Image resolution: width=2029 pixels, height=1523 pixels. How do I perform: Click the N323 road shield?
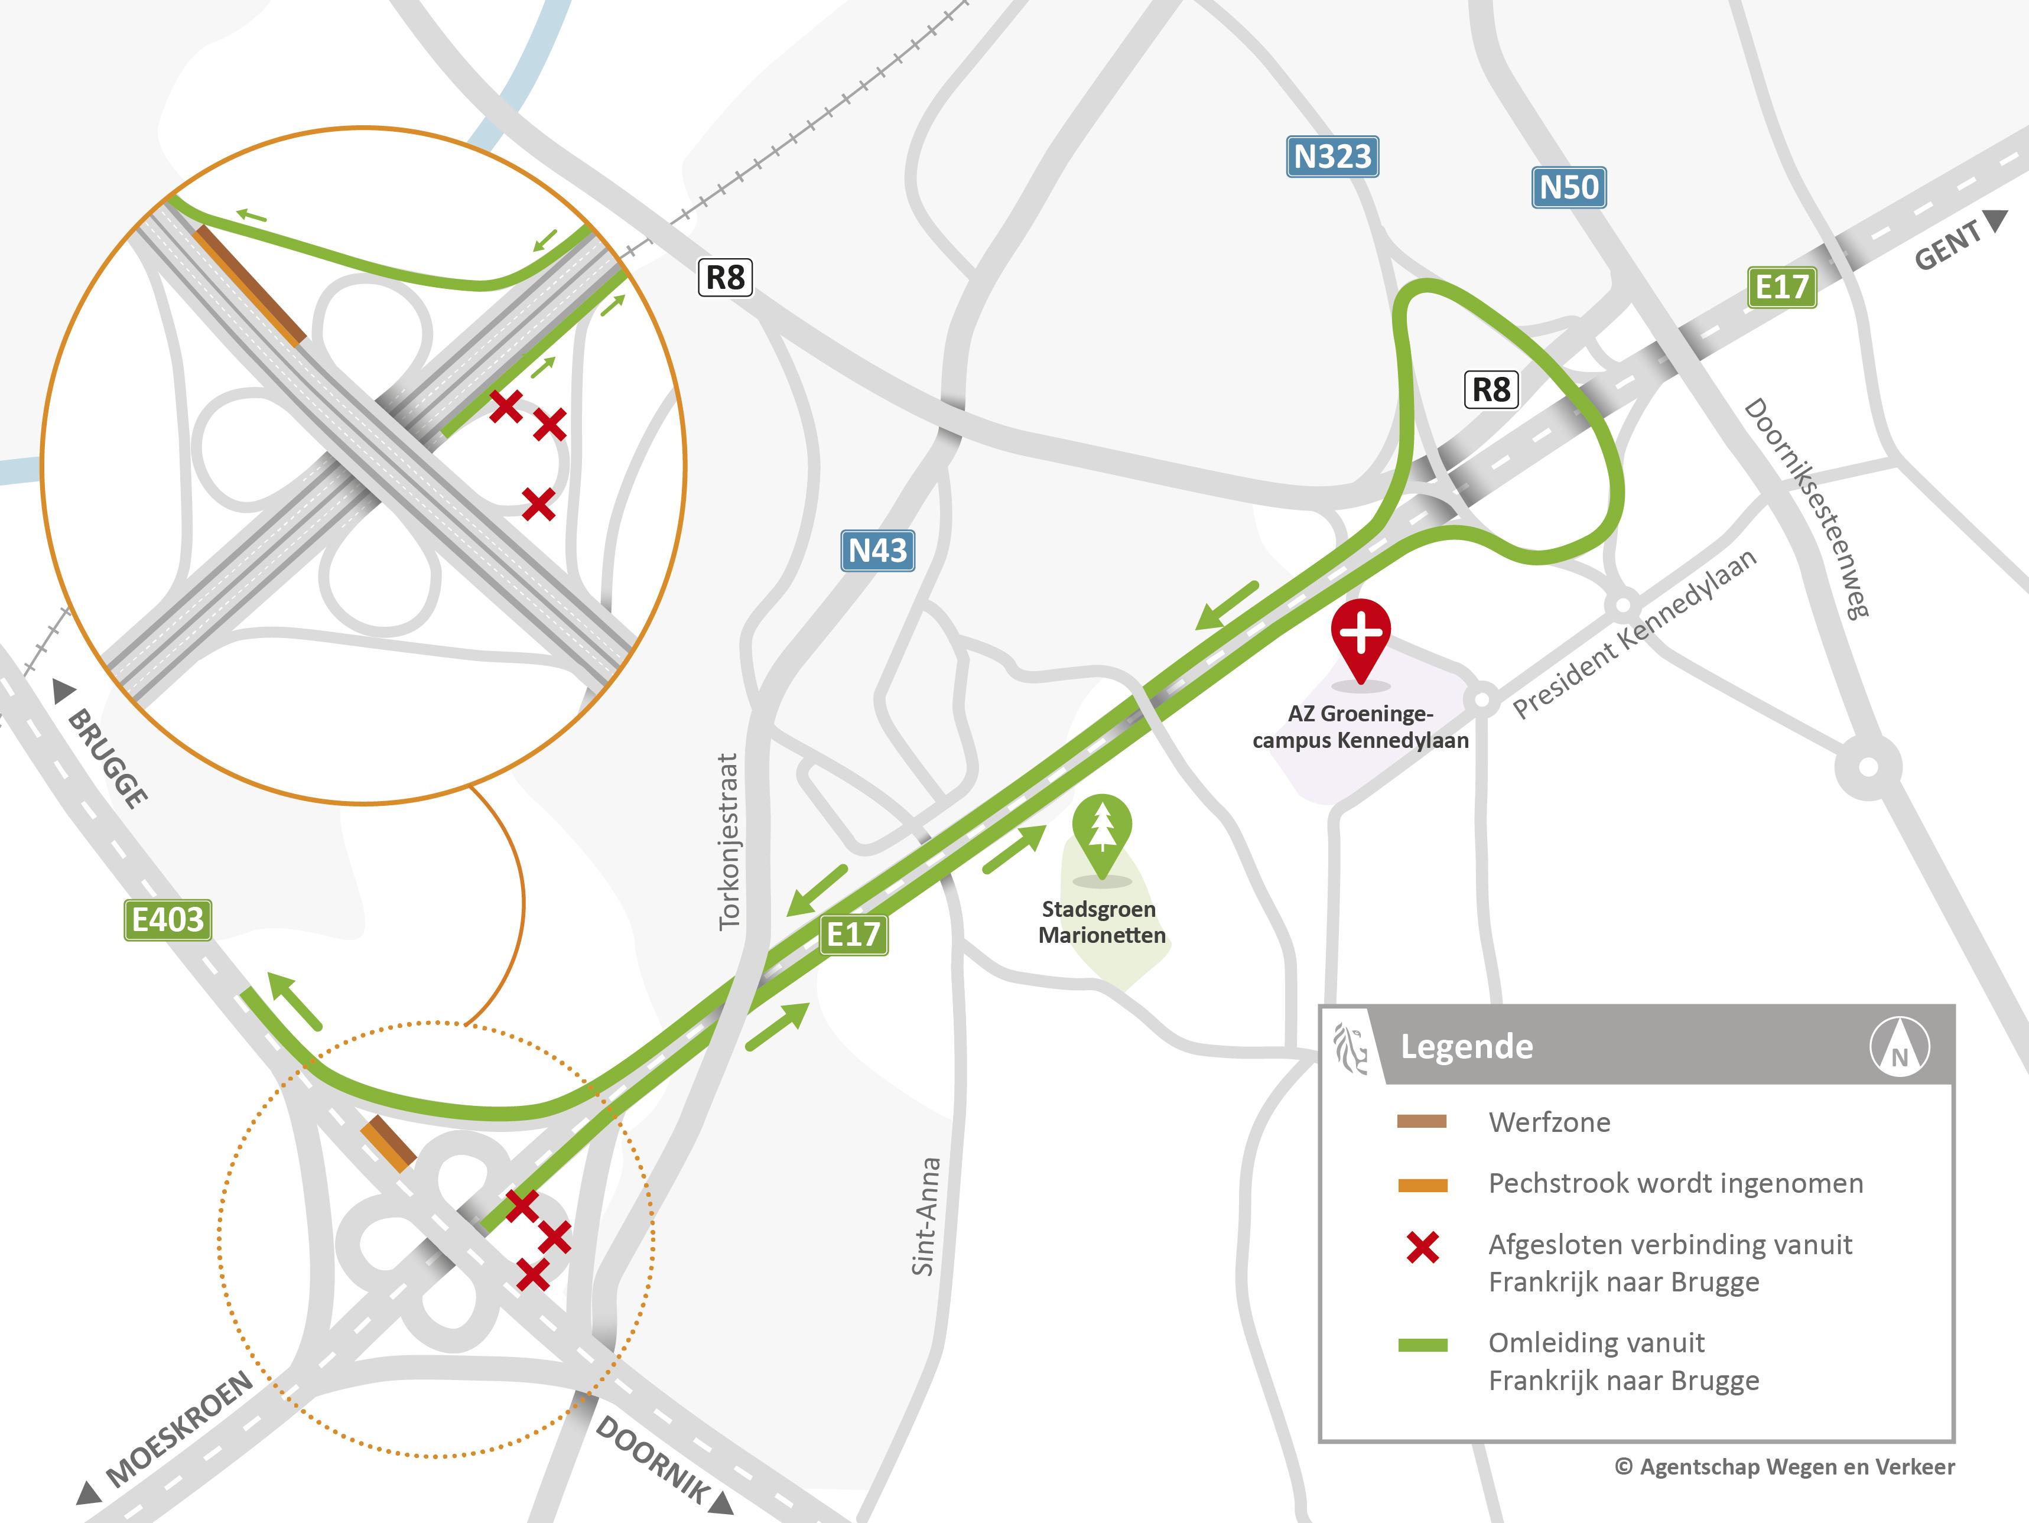[x=1332, y=157]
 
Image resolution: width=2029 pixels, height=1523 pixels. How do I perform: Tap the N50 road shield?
[x=1569, y=188]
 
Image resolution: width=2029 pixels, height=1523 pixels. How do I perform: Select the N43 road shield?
[x=878, y=551]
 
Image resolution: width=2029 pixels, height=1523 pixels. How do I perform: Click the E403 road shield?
[x=168, y=920]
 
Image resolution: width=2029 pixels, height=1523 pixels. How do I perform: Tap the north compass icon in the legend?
[x=1899, y=1046]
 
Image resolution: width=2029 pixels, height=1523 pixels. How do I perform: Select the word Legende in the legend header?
[x=1467, y=1047]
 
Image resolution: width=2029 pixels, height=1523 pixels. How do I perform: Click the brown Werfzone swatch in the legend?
[x=1422, y=1121]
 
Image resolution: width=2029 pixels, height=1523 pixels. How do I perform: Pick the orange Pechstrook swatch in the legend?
[x=1422, y=1184]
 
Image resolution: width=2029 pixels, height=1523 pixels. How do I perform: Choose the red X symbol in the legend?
[x=1423, y=1248]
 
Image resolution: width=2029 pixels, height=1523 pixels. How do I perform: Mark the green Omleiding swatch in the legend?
[x=1422, y=1345]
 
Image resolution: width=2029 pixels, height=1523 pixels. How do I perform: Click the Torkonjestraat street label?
[x=729, y=842]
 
